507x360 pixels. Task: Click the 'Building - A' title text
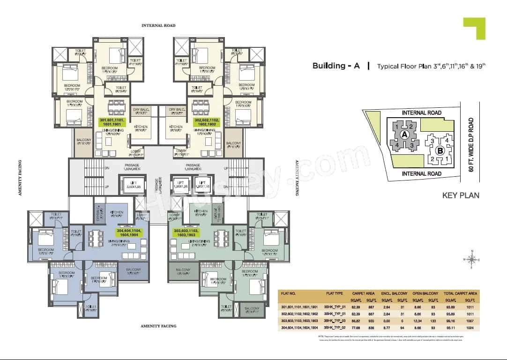tap(336, 66)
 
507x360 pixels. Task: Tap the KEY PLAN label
tap(461, 195)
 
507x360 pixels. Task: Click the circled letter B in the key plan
tap(440, 151)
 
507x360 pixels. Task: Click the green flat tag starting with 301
tap(112, 123)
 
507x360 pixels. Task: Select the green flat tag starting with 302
tap(207, 123)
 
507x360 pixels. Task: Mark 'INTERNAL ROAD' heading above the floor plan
tap(159, 26)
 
